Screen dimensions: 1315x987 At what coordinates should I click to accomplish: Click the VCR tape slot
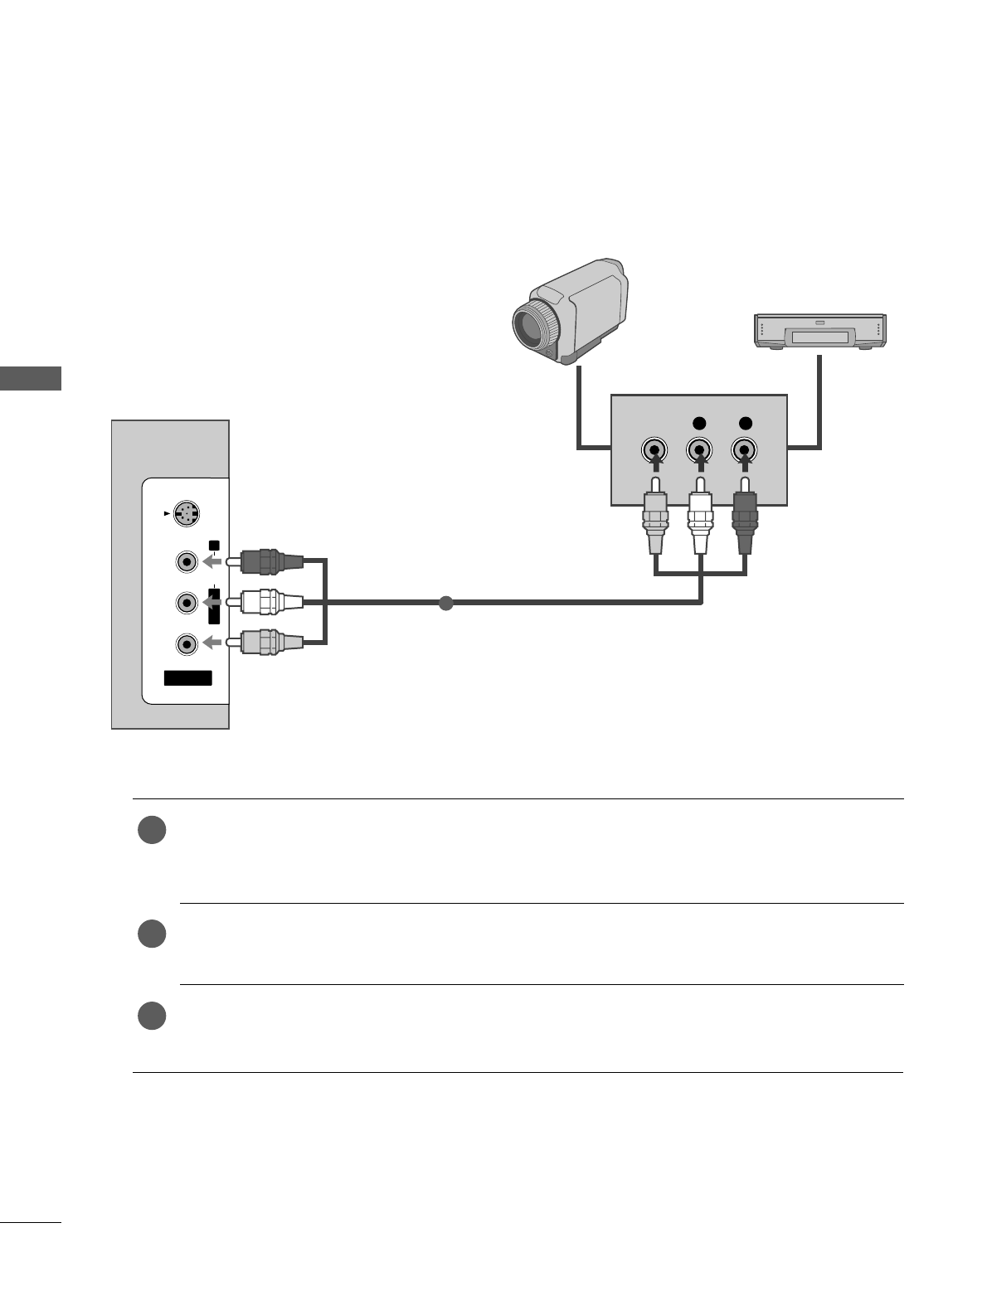(x=819, y=337)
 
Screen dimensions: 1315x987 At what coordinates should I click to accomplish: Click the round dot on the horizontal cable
(x=446, y=603)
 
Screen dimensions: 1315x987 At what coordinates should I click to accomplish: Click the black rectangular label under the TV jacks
(x=187, y=678)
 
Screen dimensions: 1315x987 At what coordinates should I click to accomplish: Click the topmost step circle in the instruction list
(x=153, y=831)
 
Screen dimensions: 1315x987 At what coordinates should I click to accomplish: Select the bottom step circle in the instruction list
(x=153, y=1016)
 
